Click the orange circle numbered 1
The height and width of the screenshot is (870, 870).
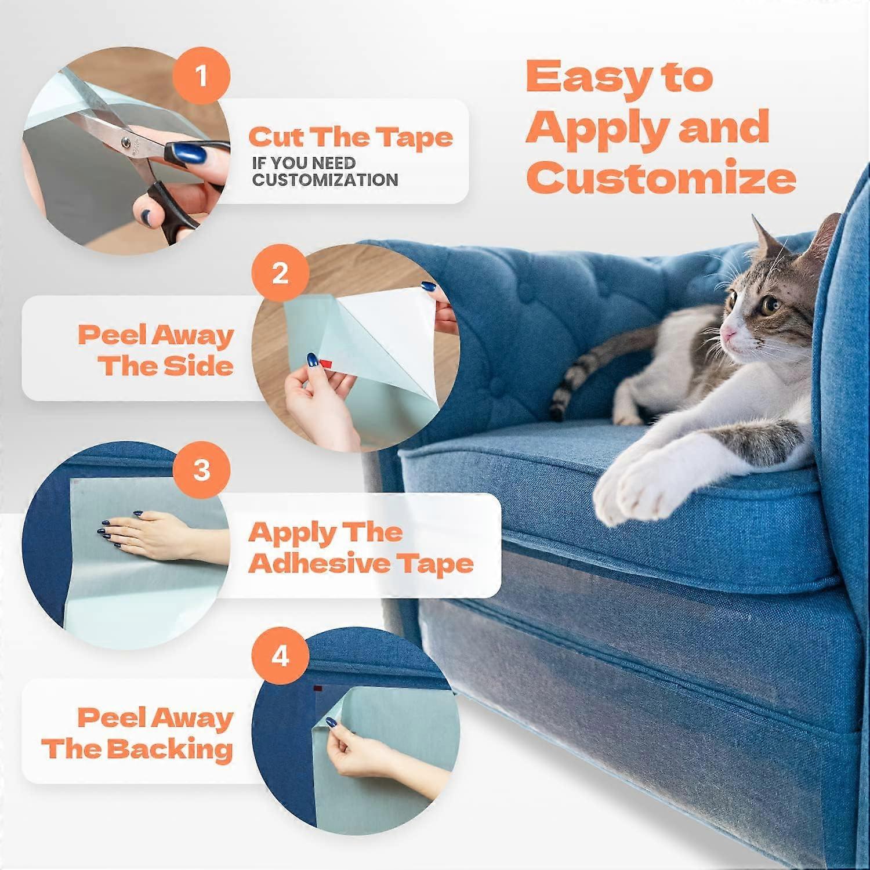point(201,76)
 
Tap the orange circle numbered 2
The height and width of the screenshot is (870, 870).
point(280,273)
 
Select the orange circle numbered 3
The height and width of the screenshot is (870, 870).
point(201,469)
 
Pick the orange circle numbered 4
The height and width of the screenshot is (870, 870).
point(280,657)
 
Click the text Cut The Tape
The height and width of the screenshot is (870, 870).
point(350,137)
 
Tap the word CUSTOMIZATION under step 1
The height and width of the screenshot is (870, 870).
point(325,180)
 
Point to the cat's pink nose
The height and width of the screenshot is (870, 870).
point(727,334)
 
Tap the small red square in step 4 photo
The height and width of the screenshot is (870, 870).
point(318,688)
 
